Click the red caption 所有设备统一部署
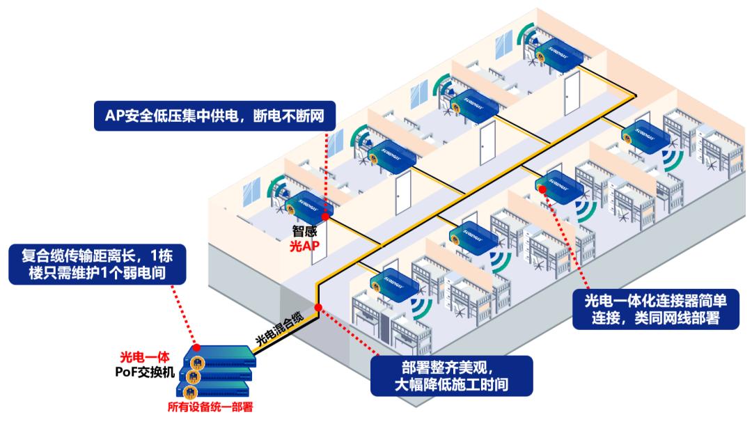coord(209,408)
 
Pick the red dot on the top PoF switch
coord(197,347)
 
